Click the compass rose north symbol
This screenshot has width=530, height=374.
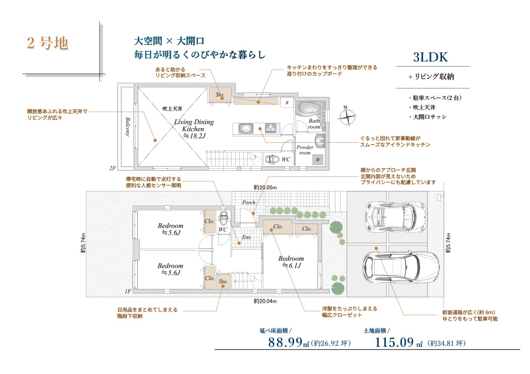coord(347,116)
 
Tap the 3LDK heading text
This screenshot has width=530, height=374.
coord(430,57)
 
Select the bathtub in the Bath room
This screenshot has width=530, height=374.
coord(310,108)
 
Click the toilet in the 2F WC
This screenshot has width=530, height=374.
coord(272,159)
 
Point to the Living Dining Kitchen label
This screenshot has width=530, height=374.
coord(194,129)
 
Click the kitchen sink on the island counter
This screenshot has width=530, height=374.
coord(245,129)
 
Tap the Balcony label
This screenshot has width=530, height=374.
coord(128,127)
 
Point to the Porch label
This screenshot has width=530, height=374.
coord(249,203)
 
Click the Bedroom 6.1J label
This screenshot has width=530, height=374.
coord(291,262)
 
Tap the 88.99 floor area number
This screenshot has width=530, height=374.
coord(285,342)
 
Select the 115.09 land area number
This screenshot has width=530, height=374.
coord(394,342)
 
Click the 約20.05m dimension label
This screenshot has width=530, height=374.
coord(266,187)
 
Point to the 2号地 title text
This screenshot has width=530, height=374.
coord(48,43)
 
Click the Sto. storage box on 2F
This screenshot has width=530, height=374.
coord(220,95)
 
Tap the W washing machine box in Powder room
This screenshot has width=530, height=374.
coord(317,160)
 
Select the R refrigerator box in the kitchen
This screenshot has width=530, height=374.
coord(287,103)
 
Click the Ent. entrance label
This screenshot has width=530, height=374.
coord(247,237)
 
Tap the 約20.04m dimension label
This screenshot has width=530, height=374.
coord(266,301)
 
